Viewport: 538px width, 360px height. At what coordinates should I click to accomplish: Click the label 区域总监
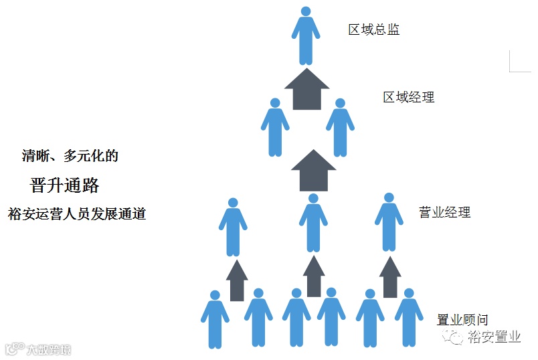374,30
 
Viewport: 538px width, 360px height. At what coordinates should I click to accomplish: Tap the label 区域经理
408,98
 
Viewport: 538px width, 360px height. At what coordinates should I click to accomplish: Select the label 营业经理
444,213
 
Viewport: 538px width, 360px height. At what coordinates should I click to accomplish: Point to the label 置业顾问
462,320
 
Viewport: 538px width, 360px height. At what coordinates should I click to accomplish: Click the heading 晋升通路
65,185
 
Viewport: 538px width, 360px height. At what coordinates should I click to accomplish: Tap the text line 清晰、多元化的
70,157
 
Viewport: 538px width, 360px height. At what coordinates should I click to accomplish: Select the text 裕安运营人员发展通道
77,215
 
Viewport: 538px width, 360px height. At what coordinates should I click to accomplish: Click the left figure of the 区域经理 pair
274,128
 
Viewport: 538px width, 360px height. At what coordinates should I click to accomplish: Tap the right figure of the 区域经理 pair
340,128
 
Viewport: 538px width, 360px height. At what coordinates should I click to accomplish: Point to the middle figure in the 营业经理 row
312,223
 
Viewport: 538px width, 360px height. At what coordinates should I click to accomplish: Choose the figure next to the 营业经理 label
389,222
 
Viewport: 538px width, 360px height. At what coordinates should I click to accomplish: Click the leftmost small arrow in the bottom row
237,280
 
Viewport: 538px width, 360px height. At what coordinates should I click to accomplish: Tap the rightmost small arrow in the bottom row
390,277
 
